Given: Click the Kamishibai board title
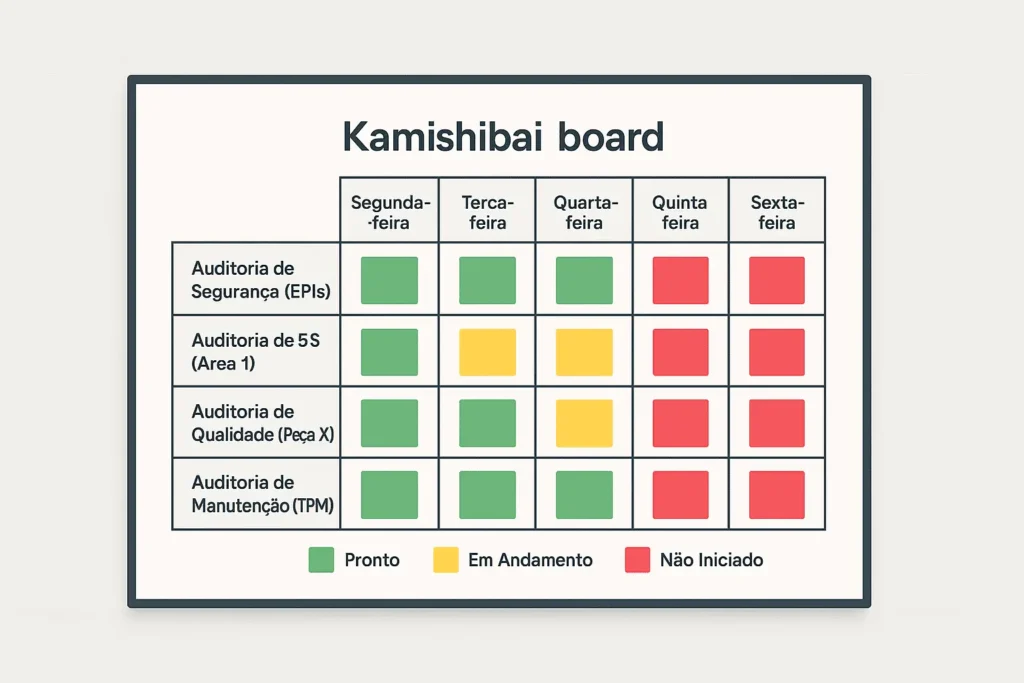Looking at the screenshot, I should pyautogui.click(x=503, y=136).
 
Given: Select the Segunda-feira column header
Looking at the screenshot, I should pyautogui.click(x=389, y=212).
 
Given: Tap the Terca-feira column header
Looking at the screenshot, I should pyautogui.click(x=487, y=212).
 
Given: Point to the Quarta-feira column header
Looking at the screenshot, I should pyautogui.click(x=584, y=212).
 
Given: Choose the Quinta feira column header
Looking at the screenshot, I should pyautogui.click(x=680, y=212).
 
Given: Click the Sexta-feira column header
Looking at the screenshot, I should pyautogui.click(x=777, y=212).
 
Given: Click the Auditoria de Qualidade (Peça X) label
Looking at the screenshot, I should pyautogui.click(x=263, y=423).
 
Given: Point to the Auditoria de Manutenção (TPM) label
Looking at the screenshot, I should pyautogui.click(x=262, y=495).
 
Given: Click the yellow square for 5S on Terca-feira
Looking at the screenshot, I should pyautogui.click(x=487, y=352).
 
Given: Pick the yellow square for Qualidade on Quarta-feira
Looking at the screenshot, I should pyautogui.click(x=584, y=423).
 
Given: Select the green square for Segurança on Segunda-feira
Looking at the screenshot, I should pyautogui.click(x=389, y=280).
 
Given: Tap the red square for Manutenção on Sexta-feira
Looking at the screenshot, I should pyautogui.click(x=777, y=495).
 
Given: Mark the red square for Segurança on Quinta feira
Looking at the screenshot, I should pyautogui.click(x=680, y=280).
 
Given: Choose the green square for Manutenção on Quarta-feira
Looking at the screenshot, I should pyautogui.click(x=584, y=495).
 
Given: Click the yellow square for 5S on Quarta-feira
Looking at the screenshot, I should pyautogui.click(x=584, y=352).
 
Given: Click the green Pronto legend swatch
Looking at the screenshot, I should pyautogui.click(x=321, y=560).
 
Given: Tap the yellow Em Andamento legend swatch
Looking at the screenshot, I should pyautogui.click(x=445, y=560).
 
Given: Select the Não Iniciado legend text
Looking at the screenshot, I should pyautogui.click(x=711, y=560).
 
